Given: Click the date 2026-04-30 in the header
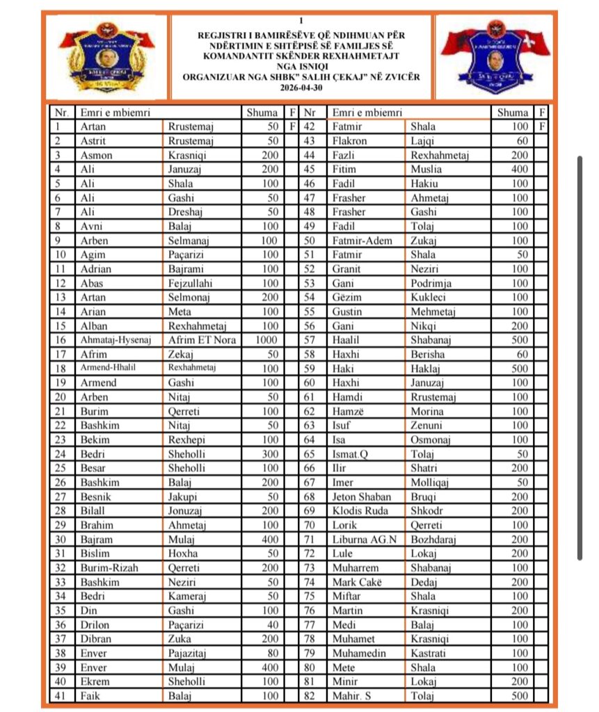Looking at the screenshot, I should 301,88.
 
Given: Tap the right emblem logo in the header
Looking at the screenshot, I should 494,57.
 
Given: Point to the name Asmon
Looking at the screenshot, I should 95,155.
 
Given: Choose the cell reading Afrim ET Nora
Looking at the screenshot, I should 202,340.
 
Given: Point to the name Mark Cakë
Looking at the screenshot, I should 357,582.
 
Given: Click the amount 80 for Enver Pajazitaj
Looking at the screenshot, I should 272,653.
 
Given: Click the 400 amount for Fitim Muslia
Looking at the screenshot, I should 519,169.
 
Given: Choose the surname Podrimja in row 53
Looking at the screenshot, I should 431,283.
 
